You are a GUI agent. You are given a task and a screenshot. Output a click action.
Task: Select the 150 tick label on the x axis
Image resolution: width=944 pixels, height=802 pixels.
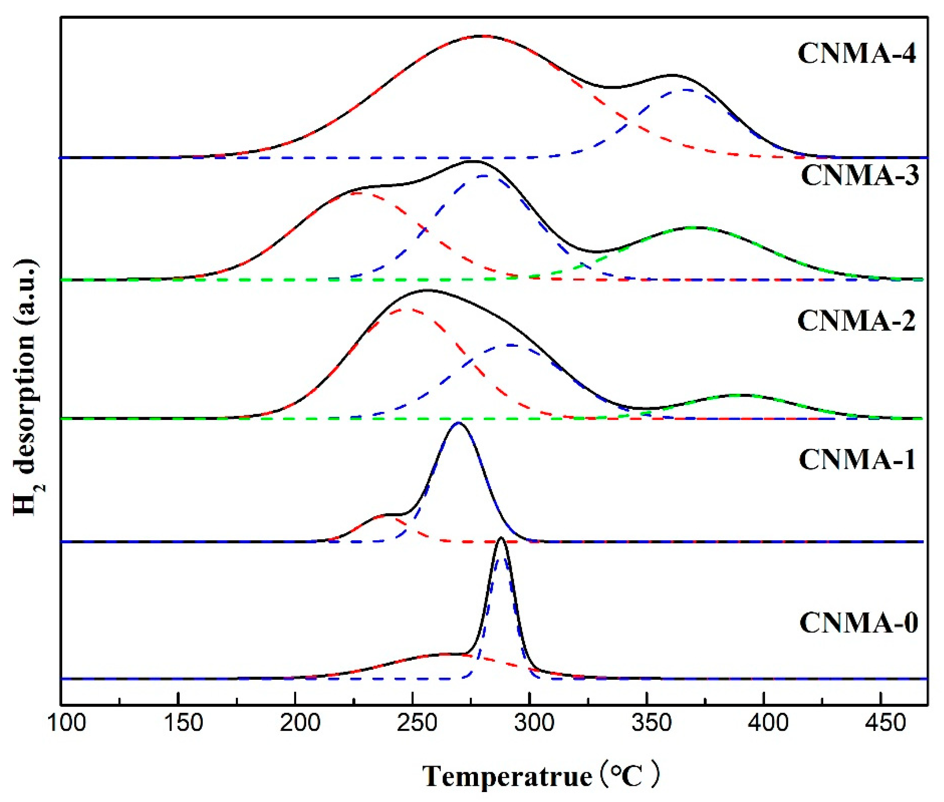[179, 722]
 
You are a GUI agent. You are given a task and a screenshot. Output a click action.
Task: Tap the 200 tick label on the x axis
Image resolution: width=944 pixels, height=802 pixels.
[296, 722]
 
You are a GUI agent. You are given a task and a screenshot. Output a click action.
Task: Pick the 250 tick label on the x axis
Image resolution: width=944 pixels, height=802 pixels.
[412, 722]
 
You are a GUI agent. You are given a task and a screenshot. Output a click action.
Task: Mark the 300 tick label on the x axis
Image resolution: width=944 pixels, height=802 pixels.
[529, 722]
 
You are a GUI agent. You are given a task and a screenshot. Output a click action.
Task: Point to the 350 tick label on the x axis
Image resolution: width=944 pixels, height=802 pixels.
[646, 722]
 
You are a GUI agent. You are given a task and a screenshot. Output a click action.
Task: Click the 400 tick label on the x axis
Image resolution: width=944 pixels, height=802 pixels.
[763, 722]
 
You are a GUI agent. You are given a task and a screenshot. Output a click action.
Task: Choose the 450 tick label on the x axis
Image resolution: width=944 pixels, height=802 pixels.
[880, 722]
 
